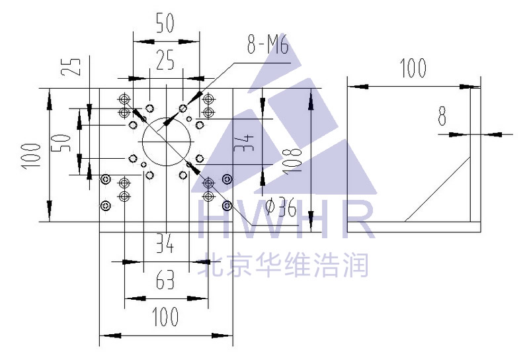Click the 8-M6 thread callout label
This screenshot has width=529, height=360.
coord(268,46)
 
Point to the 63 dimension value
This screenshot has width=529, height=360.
coord(165,281)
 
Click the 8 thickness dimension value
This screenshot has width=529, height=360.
coord(442,116)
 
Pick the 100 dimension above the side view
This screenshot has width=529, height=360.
coord(413,68)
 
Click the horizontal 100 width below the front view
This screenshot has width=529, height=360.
coord(165,317)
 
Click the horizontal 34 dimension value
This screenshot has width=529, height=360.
coord(165,246)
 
